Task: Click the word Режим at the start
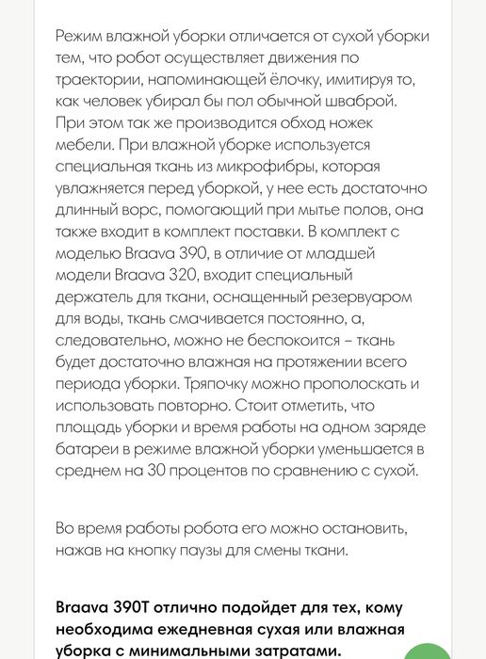pyautogui.click(x=81, y=36)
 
